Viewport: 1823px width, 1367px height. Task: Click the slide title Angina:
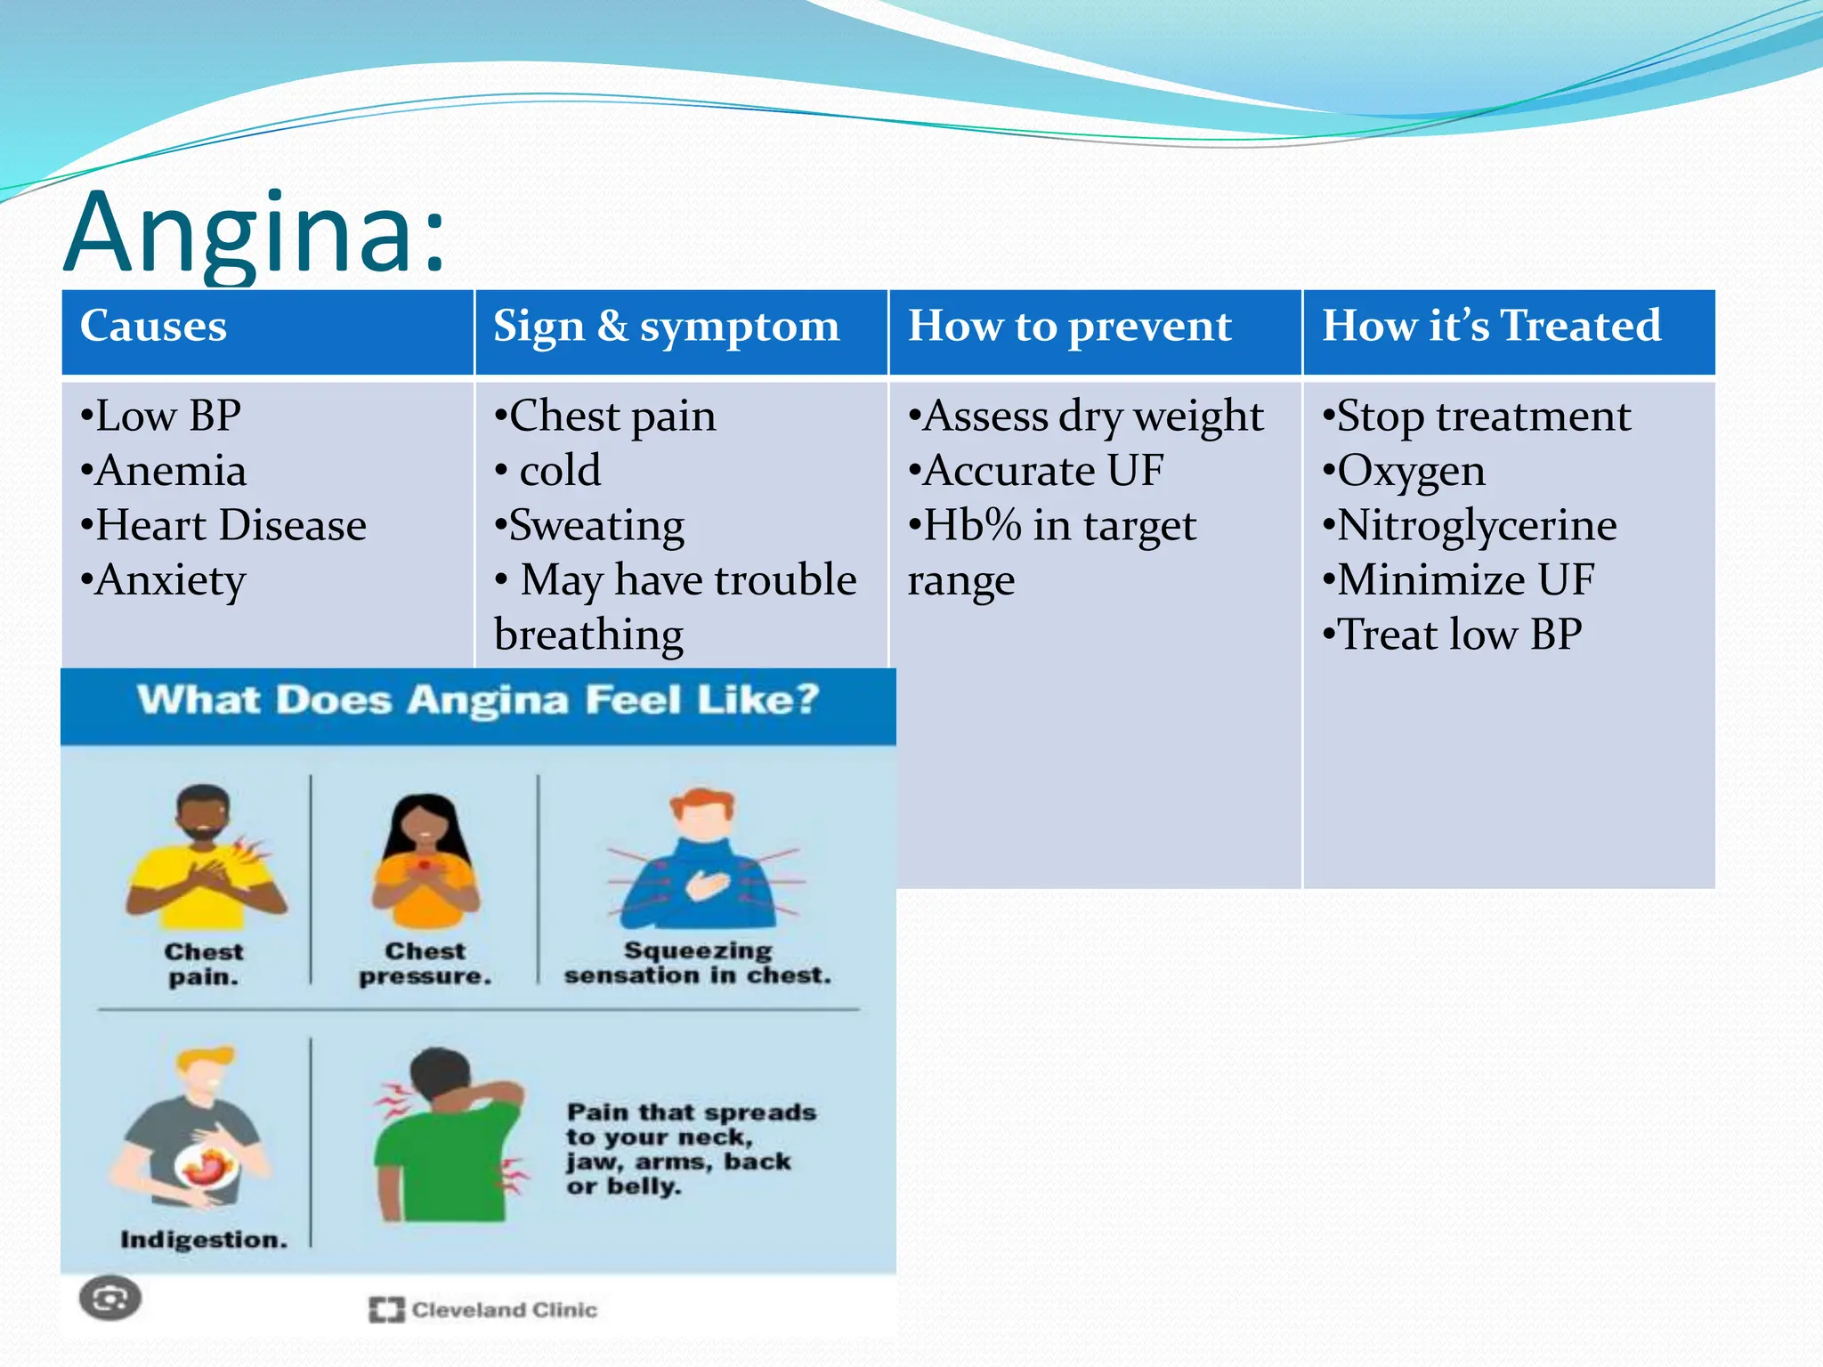[255, 233]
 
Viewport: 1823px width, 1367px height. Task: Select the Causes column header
[153, 326]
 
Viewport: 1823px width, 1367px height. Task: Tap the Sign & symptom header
[666, 326]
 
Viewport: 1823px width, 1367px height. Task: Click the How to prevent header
[1069, 326]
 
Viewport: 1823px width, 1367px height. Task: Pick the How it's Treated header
[1491, 326]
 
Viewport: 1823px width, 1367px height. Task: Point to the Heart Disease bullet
[230, 525]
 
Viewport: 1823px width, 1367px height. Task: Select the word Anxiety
[169, 580]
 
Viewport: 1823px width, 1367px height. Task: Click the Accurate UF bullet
[1041, 471]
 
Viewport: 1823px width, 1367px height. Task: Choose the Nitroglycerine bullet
[1476, 525]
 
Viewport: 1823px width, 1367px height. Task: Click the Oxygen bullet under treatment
[1410, 471]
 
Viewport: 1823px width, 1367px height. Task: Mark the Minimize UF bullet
[1464, 580]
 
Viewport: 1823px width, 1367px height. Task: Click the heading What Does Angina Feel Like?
[478, 700]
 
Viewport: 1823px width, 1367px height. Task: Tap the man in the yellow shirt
[205, 859]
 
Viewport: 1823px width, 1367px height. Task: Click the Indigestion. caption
[204, 1240]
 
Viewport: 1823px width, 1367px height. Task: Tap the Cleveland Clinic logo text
[503, 1309]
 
